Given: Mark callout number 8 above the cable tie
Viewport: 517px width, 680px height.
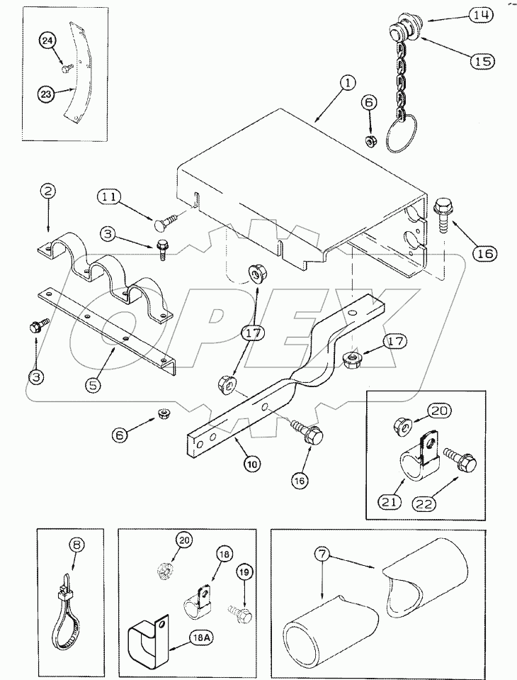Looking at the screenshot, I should click(77, 545).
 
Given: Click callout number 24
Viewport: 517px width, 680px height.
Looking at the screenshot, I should click(47, 41).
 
